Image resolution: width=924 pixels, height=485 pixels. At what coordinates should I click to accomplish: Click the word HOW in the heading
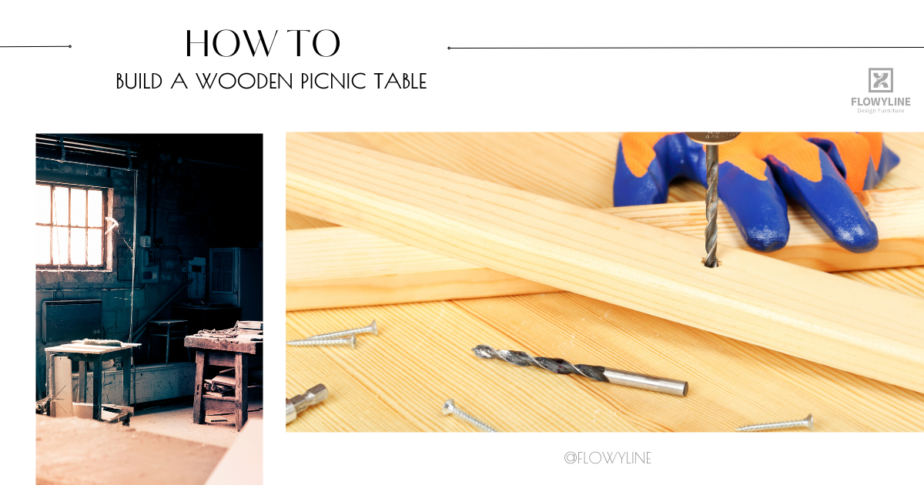coord(227,44)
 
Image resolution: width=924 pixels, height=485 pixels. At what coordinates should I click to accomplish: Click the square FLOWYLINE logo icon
coord(880,80)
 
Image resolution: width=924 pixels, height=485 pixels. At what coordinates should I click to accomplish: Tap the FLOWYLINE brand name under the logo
coord(880,102)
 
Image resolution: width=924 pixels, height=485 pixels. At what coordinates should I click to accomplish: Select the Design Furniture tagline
coord(880,111)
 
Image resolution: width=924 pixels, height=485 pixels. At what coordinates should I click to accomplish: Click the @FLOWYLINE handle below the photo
coord(608,458)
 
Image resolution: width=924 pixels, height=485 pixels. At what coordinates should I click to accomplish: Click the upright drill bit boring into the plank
coord(711,200)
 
